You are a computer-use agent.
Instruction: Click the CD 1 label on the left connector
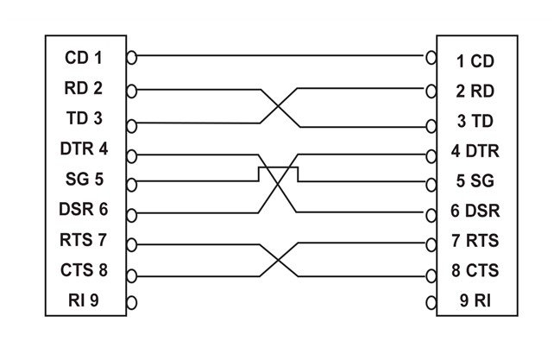pyautogui.click(x=84, y=58)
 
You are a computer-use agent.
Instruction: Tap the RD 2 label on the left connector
pyautogui.click(x=84, y=87)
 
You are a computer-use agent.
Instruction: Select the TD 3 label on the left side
pyautogui.click(x=84, y=118)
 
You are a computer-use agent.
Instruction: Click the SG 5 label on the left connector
pyautogui.click(x=84, y=180)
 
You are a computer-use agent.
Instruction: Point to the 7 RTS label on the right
pyautogui.click(x=475, y=240)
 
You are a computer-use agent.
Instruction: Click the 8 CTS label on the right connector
pyautogui.click(x=475, y=271)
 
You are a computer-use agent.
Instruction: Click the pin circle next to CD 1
pyautogui.click(x=131, y=58)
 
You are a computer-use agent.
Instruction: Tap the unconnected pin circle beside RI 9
pyautogui.click(x=131, y=302)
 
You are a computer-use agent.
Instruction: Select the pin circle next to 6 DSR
pyautogui.click(x=431, y=212)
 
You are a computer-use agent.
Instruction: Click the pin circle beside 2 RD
pyautogui.click(x=431, y=89)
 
